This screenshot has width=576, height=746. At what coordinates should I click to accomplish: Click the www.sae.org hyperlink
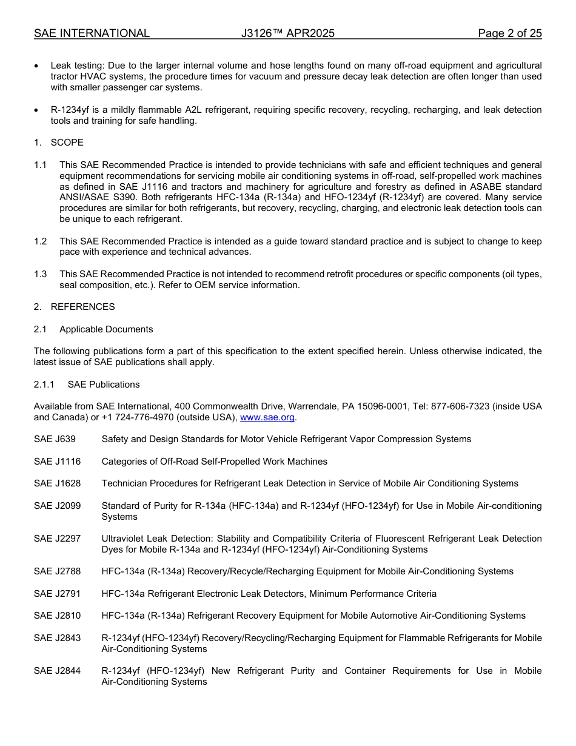(x=267, y=417)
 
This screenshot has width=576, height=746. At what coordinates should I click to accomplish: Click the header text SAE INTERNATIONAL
(x=92, y=33)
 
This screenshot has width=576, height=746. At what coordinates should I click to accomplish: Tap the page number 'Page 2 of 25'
(x=509, y=33)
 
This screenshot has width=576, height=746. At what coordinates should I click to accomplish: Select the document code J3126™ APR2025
(x=287, y=33)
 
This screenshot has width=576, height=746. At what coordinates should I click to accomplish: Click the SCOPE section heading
(x=67, y=143)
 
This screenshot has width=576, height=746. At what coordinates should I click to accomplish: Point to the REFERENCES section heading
(x=82, y=307)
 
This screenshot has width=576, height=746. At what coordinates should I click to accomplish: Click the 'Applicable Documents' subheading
(x=106, y=329)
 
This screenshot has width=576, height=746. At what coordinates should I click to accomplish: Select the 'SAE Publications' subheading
(x=104, y=385)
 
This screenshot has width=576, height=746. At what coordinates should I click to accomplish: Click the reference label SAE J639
(x=55, y=439)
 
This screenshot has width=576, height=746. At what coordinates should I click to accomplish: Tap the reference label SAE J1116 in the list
(x=57, y=462)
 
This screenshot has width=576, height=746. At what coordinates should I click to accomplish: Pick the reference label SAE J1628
(x=57, y=483)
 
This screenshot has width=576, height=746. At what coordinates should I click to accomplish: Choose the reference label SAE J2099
(x=57, y=506)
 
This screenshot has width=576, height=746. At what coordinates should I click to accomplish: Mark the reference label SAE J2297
(x=57, y=539)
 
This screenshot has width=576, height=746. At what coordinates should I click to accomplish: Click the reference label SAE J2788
(x=57, y=571)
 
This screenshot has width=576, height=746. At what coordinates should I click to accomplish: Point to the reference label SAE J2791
(x=57, y=594)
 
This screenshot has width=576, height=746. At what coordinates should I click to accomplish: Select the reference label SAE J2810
(x=57, y=616)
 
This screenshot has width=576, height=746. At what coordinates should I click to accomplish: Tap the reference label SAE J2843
(x=57, y=638)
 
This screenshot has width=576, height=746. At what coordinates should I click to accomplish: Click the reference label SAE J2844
(x=57, y=671)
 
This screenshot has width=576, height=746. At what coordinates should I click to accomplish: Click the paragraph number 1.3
(x=40, y=274)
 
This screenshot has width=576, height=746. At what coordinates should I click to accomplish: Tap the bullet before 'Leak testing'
(x=38, y=66)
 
